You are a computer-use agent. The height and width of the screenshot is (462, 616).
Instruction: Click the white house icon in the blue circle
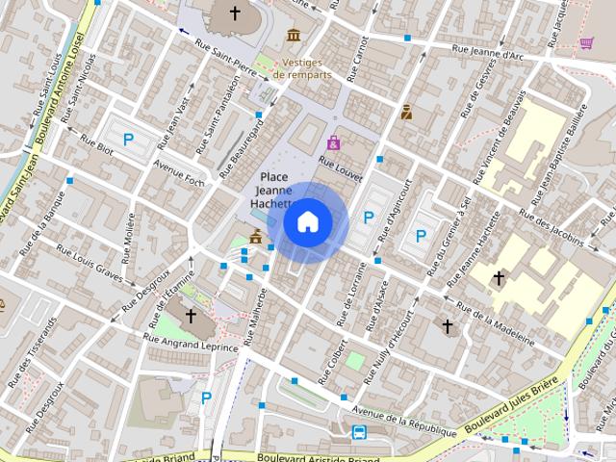(308, 222)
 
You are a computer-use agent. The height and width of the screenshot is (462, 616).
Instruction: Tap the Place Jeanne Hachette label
(273, 191)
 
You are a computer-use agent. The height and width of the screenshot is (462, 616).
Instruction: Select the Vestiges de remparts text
(302, 67)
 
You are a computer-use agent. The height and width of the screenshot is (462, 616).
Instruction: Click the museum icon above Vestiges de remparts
(294, 37)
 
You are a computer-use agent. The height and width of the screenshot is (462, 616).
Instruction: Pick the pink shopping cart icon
(587, 42)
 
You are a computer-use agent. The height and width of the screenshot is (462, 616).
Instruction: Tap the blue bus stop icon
(359, 432)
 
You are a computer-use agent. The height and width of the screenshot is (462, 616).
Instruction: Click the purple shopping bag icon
(333, 142)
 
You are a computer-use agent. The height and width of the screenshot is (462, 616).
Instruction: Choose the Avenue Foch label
(180, 173)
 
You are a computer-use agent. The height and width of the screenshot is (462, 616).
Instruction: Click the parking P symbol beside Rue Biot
(128, 140)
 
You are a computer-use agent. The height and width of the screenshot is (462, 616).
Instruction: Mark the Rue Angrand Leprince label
(190, 342)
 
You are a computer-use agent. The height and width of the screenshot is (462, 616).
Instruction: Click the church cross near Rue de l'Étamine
(191, 316)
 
